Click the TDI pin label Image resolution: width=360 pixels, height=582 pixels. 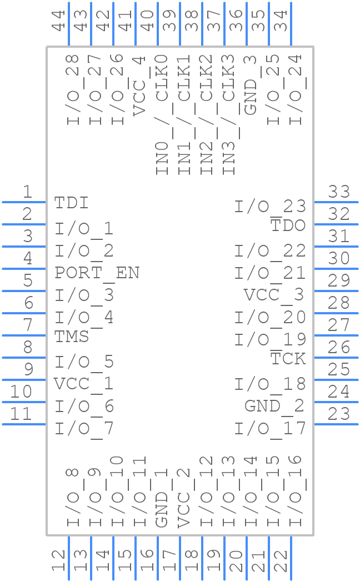click(72, 203)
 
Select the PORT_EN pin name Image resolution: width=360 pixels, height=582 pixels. click(97, 273)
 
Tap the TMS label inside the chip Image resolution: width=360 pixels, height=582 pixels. click(72, 337)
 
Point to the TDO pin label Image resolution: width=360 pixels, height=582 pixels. click(288, 225)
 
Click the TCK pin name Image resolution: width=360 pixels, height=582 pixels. click(288, 359)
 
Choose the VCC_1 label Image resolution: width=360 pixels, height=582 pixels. click(84, 384)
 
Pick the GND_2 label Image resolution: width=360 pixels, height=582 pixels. click(274, 407)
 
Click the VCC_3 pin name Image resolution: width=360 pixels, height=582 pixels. click(274, 295)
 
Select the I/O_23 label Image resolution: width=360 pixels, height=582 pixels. click(270, 207)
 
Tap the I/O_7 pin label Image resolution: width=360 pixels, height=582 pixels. click(84, 429)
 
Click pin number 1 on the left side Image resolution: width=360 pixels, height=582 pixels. click(27, 192)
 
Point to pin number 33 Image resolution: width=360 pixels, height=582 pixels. click(339, 192)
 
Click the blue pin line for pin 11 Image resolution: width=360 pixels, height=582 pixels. click(24, 424)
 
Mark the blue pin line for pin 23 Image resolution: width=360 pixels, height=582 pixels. click(336, 424)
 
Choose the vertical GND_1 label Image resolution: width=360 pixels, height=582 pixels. click(162, 498)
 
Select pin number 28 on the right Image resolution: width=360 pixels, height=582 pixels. click(339, 303)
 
